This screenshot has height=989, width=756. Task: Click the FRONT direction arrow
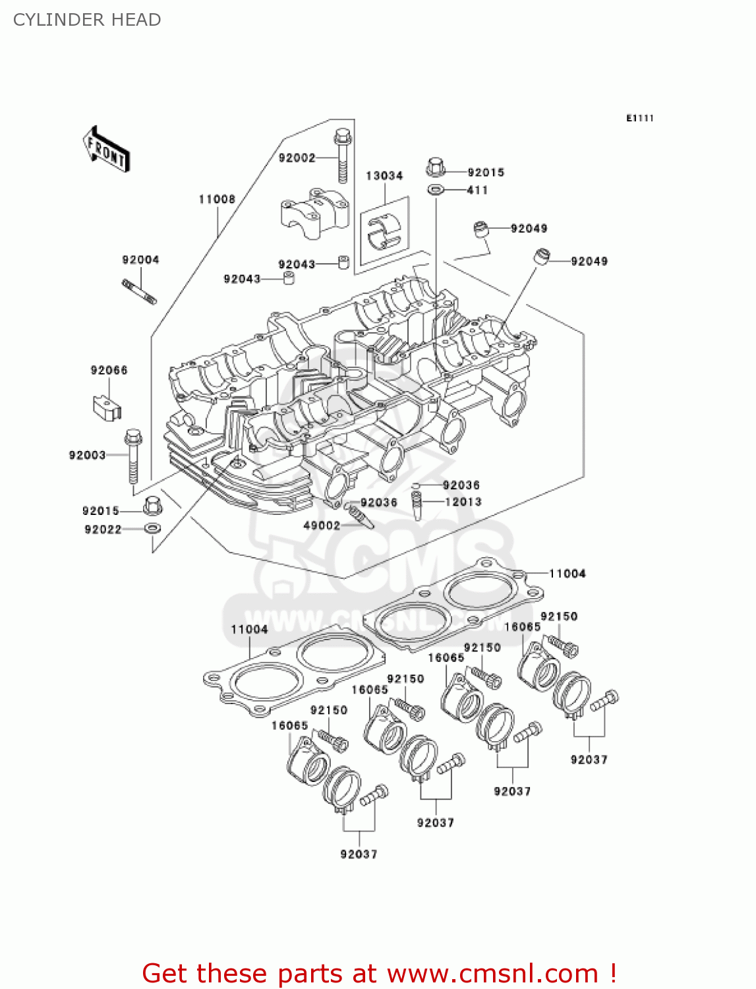(x=106, y=150)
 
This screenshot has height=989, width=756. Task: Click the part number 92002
(x=297, y=158)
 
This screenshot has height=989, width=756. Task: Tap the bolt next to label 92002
(x=342, y=155)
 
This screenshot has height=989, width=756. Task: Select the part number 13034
(x=384, y=176)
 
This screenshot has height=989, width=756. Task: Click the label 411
(x=477, y=191)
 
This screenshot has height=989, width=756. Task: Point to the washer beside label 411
(x=436, y=191)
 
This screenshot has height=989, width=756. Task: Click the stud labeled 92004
(x=139, y=291)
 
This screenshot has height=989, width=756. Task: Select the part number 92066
(x=109, y=371)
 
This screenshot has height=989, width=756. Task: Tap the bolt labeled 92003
(x=133, y=456)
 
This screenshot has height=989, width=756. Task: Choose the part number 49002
(x=321, y=525)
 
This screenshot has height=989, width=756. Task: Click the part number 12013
(x=463, y=502)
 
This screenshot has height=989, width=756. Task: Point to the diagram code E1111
(x=639, y=118)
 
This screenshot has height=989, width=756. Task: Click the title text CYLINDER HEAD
(x=87, y=20)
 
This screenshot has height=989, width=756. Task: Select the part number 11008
(x=217, y=199)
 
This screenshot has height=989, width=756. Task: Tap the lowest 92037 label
(x=359, y=854)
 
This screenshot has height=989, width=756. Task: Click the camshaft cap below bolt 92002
(x=315, y=214)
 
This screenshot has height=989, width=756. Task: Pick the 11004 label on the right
(x=567, y=574)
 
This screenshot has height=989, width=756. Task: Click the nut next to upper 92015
(x=436, y=167)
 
